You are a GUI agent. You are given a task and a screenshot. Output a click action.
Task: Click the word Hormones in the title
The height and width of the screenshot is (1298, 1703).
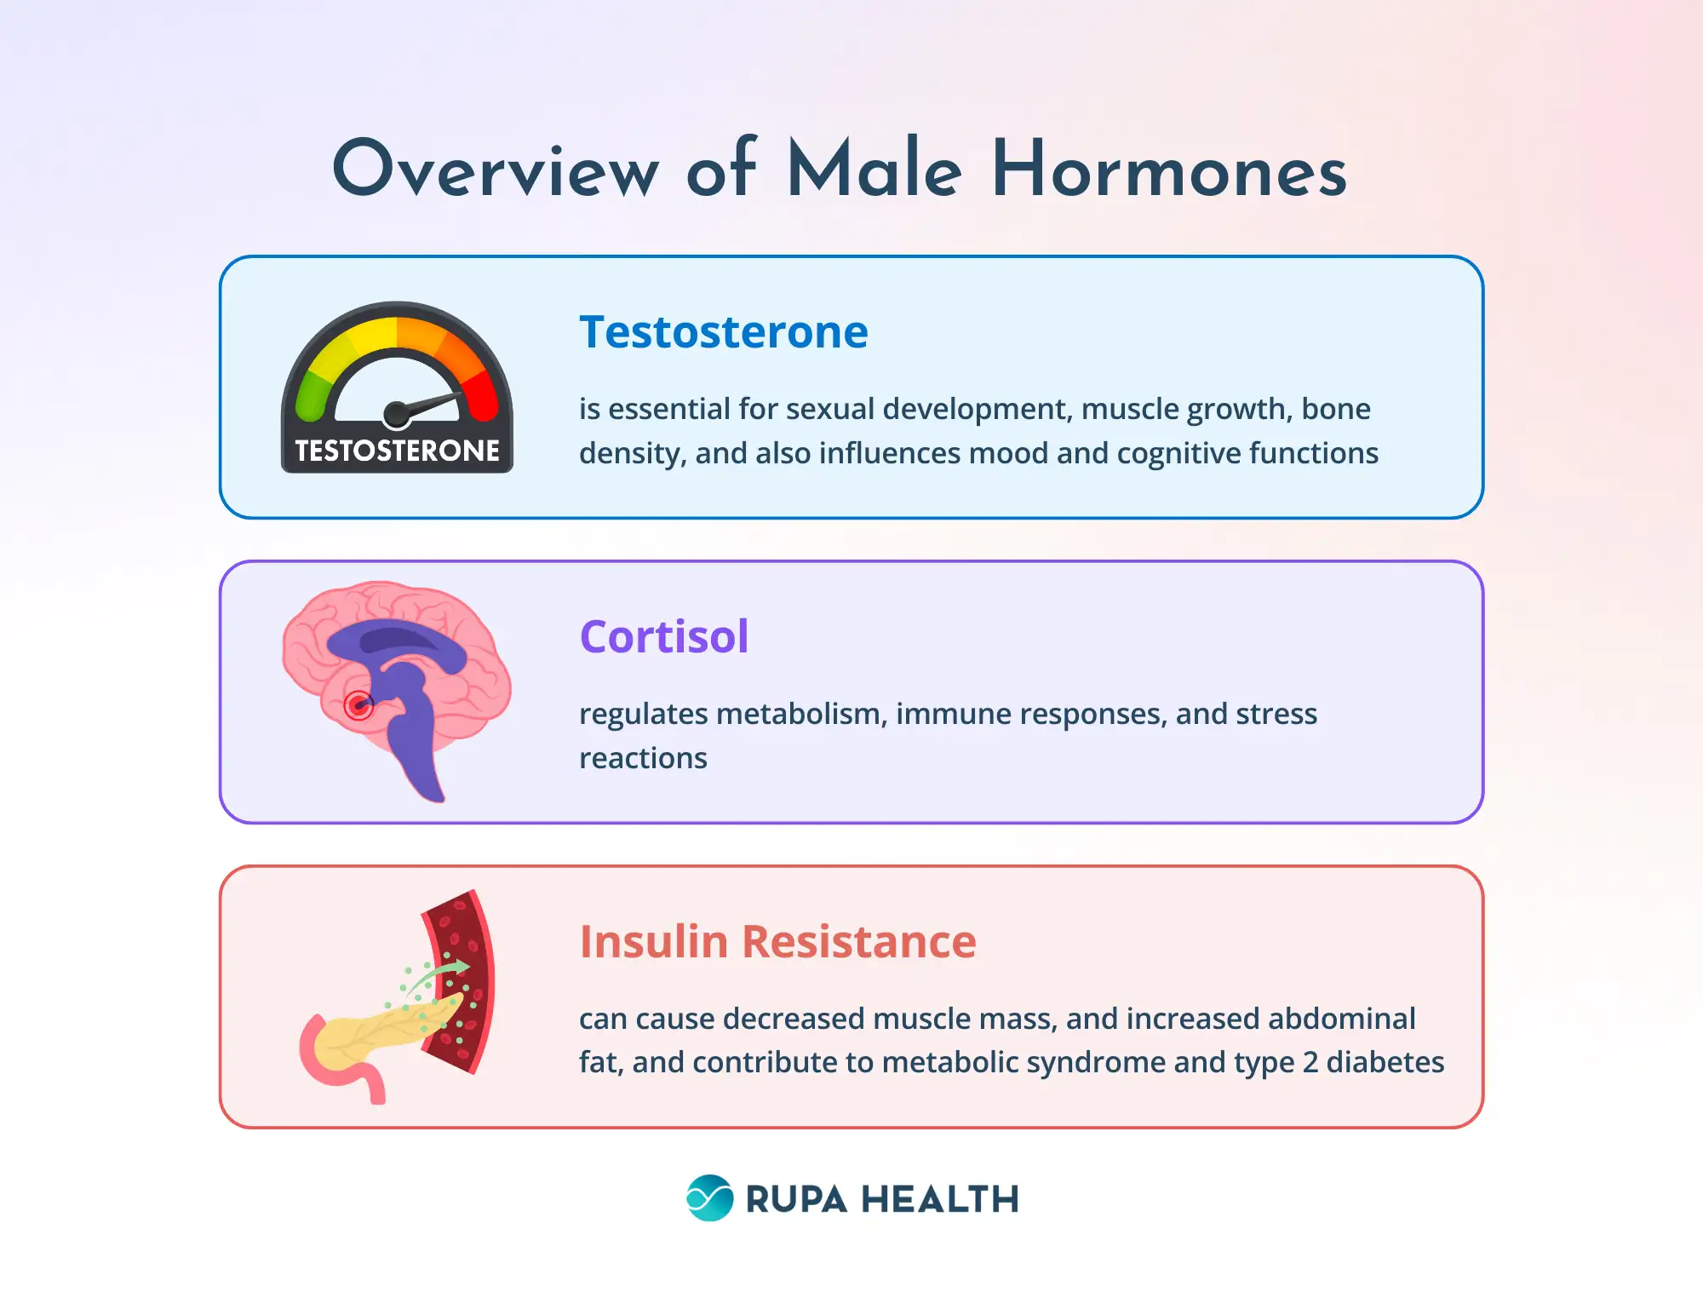(x=1168, y=170)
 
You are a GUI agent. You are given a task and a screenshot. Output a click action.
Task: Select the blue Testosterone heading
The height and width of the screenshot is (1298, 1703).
(x=724, y=332)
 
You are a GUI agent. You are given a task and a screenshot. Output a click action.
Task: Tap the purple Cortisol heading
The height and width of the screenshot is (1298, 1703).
(x=664, y=636)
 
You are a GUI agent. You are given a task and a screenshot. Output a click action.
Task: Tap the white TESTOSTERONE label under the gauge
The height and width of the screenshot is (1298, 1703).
(x=397, y=451)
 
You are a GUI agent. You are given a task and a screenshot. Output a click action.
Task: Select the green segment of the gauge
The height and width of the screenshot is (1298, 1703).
(x=312, y=394)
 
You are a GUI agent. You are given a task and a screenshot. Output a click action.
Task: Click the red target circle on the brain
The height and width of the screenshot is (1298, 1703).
(x=358, y=705)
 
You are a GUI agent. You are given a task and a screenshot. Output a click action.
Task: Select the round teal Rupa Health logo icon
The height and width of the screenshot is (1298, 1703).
(x=709, y=1198)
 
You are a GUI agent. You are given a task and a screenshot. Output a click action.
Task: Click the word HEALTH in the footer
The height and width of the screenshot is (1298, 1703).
(x=940, y=1199)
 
